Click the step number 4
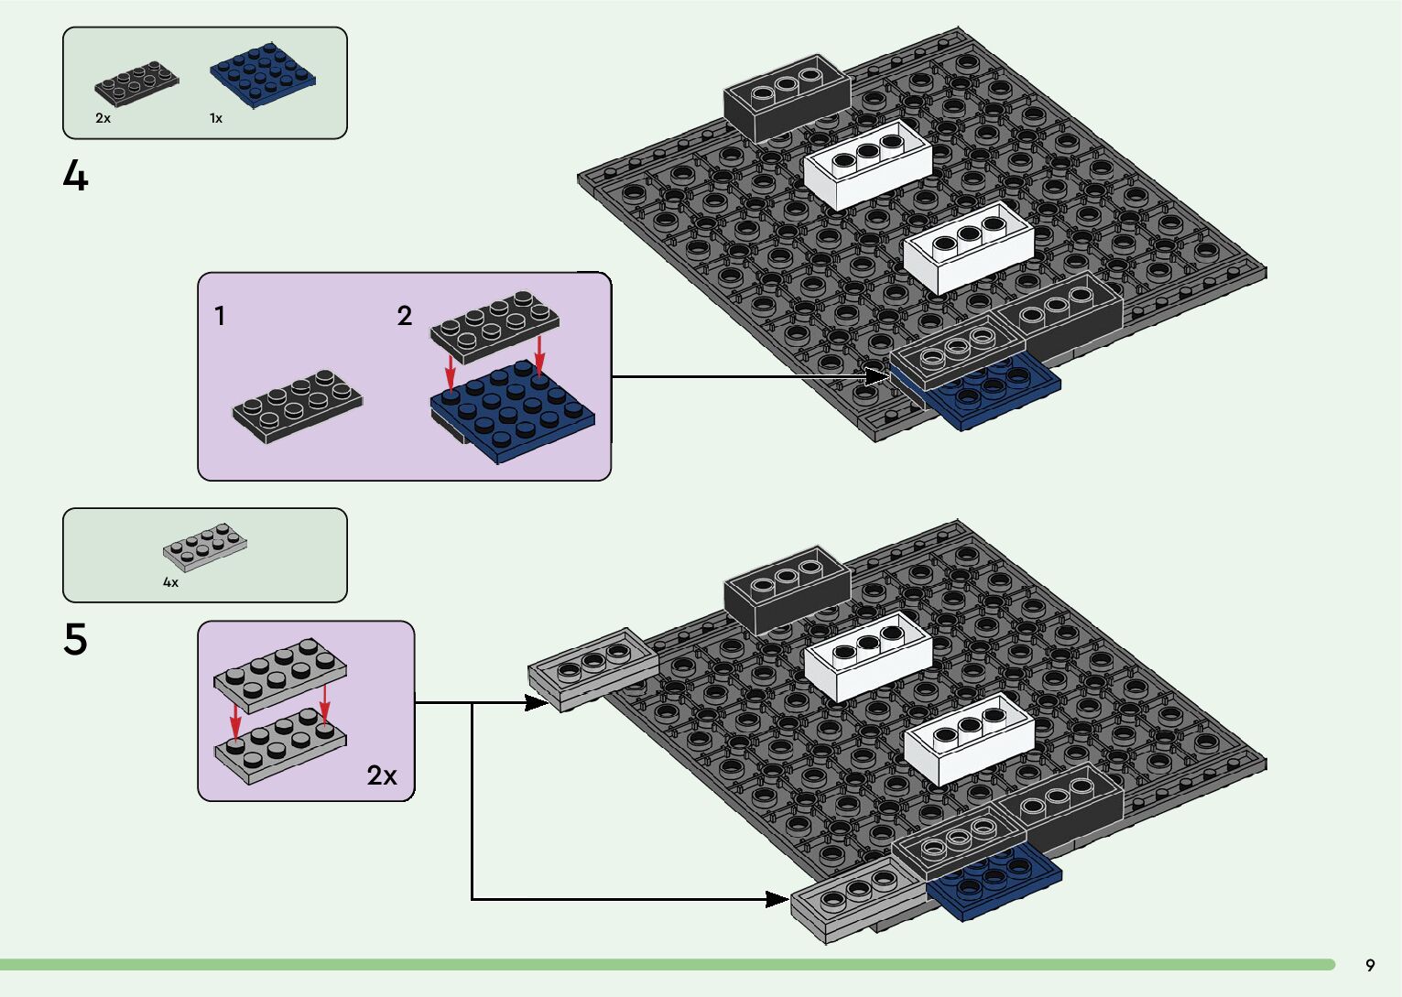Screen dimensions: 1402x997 [76, 175]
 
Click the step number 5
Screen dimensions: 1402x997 [75, 639]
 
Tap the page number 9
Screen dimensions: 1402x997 [1370, 965]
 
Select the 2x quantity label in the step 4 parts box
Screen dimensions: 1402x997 [103, 118]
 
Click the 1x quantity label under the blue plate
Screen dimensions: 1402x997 [216, 118]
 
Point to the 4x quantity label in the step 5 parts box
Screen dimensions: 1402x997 [170, 582]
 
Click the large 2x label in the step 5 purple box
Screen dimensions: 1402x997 [382, 775]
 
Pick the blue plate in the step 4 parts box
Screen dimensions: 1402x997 [263, 75]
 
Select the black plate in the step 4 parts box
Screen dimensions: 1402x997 [136, 84]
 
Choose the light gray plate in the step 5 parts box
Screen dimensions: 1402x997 [205, 547]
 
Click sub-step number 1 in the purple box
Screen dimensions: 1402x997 [220, 316]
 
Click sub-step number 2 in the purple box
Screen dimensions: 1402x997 [405, 316]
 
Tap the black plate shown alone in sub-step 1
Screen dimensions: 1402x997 [298, 406]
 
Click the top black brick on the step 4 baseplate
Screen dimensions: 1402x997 [787, 97]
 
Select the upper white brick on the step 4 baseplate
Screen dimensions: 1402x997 [867, 164]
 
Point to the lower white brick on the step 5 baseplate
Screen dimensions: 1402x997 [969, 739]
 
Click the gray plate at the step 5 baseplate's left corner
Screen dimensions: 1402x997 [592, 668]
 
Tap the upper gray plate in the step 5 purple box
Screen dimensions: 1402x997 [280, 676]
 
